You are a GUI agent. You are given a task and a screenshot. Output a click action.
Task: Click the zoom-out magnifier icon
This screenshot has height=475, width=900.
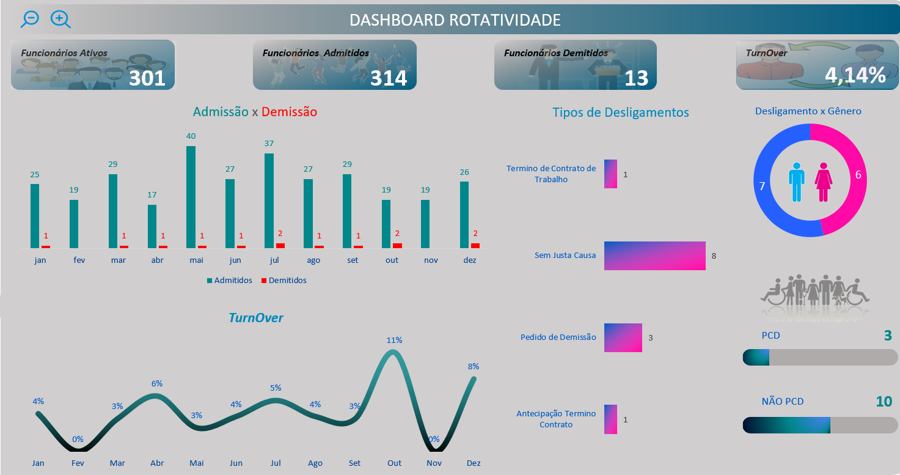(29, 18)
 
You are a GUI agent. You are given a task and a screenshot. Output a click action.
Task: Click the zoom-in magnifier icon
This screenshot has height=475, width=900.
(60, 19)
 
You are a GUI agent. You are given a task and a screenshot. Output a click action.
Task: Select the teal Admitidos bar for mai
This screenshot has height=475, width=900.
(191, 197)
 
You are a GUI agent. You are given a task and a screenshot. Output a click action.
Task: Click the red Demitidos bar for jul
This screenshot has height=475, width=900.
(280, 245)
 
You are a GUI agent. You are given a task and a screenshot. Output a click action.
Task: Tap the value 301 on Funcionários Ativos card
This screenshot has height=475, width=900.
(147, 78)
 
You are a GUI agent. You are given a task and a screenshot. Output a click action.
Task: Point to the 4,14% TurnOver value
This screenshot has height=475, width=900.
(855, 75)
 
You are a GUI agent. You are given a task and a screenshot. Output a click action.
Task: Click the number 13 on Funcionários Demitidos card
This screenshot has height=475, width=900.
(636, 78)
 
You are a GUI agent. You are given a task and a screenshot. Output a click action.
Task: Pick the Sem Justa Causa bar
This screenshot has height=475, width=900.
(654, 256)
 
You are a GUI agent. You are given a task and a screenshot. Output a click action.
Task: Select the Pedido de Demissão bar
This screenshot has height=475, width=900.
(623, 337)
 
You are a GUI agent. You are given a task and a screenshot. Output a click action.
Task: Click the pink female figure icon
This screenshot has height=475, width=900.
(823, 182)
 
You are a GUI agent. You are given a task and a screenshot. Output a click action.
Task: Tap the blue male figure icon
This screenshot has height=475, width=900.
(797, 182)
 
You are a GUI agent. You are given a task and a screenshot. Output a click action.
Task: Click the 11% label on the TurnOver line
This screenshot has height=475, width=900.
(394, 340)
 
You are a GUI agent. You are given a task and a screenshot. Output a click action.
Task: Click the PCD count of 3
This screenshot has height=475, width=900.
(887, 335)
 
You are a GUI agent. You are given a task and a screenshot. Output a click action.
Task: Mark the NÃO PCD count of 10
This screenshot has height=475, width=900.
(884, 401)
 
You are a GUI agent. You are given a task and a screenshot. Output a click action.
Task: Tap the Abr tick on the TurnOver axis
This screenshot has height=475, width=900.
(157, 463)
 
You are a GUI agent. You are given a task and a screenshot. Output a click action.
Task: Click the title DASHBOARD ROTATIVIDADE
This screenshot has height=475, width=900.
(455, 20)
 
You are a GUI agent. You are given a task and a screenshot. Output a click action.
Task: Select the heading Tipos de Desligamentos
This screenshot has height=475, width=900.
(620, 112)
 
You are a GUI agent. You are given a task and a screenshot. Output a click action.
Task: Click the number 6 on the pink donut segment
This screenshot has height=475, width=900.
(858, 175)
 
